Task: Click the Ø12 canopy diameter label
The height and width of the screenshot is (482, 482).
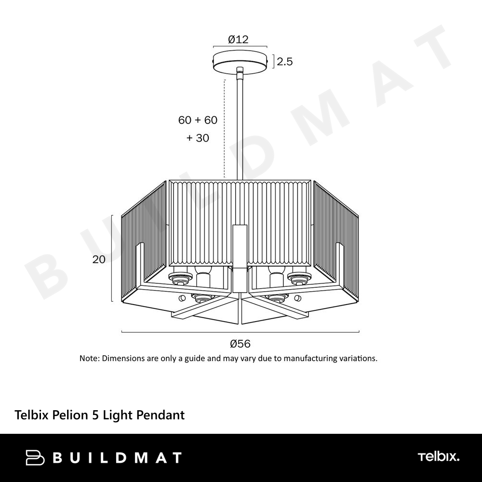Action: (238, 40)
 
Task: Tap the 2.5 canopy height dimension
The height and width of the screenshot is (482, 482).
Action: (285, 62)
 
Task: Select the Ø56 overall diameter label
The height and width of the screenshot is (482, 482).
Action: (240, 344)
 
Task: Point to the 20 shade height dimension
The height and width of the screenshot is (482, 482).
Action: (99, 259)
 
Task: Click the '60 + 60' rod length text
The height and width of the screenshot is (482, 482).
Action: (198, 120)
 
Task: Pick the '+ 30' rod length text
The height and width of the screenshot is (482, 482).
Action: (198, 138)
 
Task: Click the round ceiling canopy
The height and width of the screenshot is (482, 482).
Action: (240, 62)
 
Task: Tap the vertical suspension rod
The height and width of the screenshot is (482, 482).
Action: (240, 123)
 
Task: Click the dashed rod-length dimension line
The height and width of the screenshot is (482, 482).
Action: (225, 129)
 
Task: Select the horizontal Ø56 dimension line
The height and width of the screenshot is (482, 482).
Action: (241, 332)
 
